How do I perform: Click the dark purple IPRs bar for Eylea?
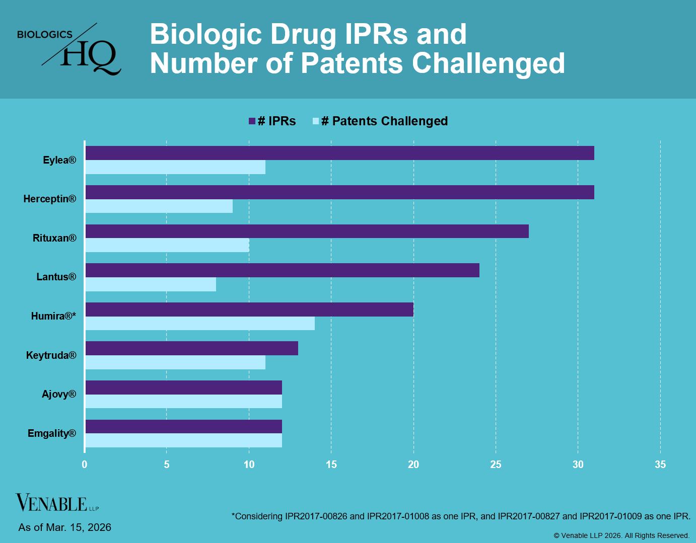point(340,153)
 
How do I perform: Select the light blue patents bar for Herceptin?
point(159,206)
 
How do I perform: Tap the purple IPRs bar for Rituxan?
point(307,231)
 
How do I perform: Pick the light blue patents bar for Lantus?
point(151,284)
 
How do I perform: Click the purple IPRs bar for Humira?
point(249,309)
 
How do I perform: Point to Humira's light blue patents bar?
point(200,324)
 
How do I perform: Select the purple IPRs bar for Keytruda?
point(192,348)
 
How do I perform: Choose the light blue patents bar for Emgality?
point(184,441)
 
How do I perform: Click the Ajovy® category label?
point(59,394)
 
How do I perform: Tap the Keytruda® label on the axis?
point(51,355)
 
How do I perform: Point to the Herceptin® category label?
point(50,199)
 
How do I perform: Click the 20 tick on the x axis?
point(413,464)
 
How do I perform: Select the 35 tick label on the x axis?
point(660,464)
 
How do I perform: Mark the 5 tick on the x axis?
point(167,464)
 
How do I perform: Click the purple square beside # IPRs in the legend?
point(252,121)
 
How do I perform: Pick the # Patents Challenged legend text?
point(384,121)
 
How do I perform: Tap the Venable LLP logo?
point(57,503)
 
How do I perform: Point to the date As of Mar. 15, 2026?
point(65,527)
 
